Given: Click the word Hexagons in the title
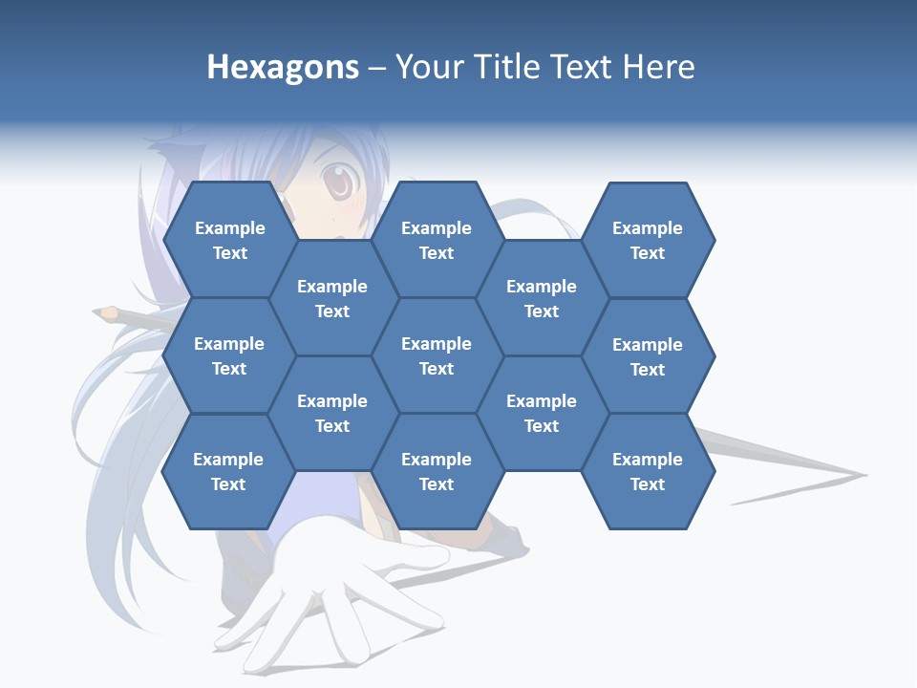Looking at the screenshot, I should coord(283,68).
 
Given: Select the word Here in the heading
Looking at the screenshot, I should coord(658,67).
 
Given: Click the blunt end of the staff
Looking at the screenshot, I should coord(105,312).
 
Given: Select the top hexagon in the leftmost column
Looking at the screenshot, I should coord(229,240).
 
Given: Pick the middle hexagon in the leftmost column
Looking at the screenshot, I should coord(229,355).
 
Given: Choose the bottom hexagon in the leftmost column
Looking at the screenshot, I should coord(228,471).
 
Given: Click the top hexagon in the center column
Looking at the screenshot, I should coord(437,240).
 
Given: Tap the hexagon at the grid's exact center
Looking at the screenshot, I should coord(437,355).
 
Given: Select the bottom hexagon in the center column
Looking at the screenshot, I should coord(437,471).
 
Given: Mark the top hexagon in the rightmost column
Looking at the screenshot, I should coord(648,240).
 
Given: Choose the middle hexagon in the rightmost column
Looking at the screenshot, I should coord(648,356).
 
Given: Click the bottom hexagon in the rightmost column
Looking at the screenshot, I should coord(648,471).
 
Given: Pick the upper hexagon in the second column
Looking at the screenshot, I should coord(332,298).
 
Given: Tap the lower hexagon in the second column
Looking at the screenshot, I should coord(332,413).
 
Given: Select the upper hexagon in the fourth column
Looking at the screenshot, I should coord(542,298).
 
